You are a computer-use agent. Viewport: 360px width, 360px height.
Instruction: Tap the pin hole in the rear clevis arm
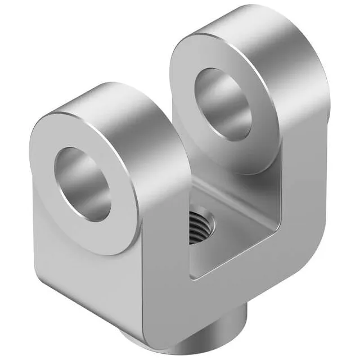pyautogui.click(x=224, y=102)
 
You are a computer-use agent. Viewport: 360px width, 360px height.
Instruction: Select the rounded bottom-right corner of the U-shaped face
pyautogui.click(x=315, y=247)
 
